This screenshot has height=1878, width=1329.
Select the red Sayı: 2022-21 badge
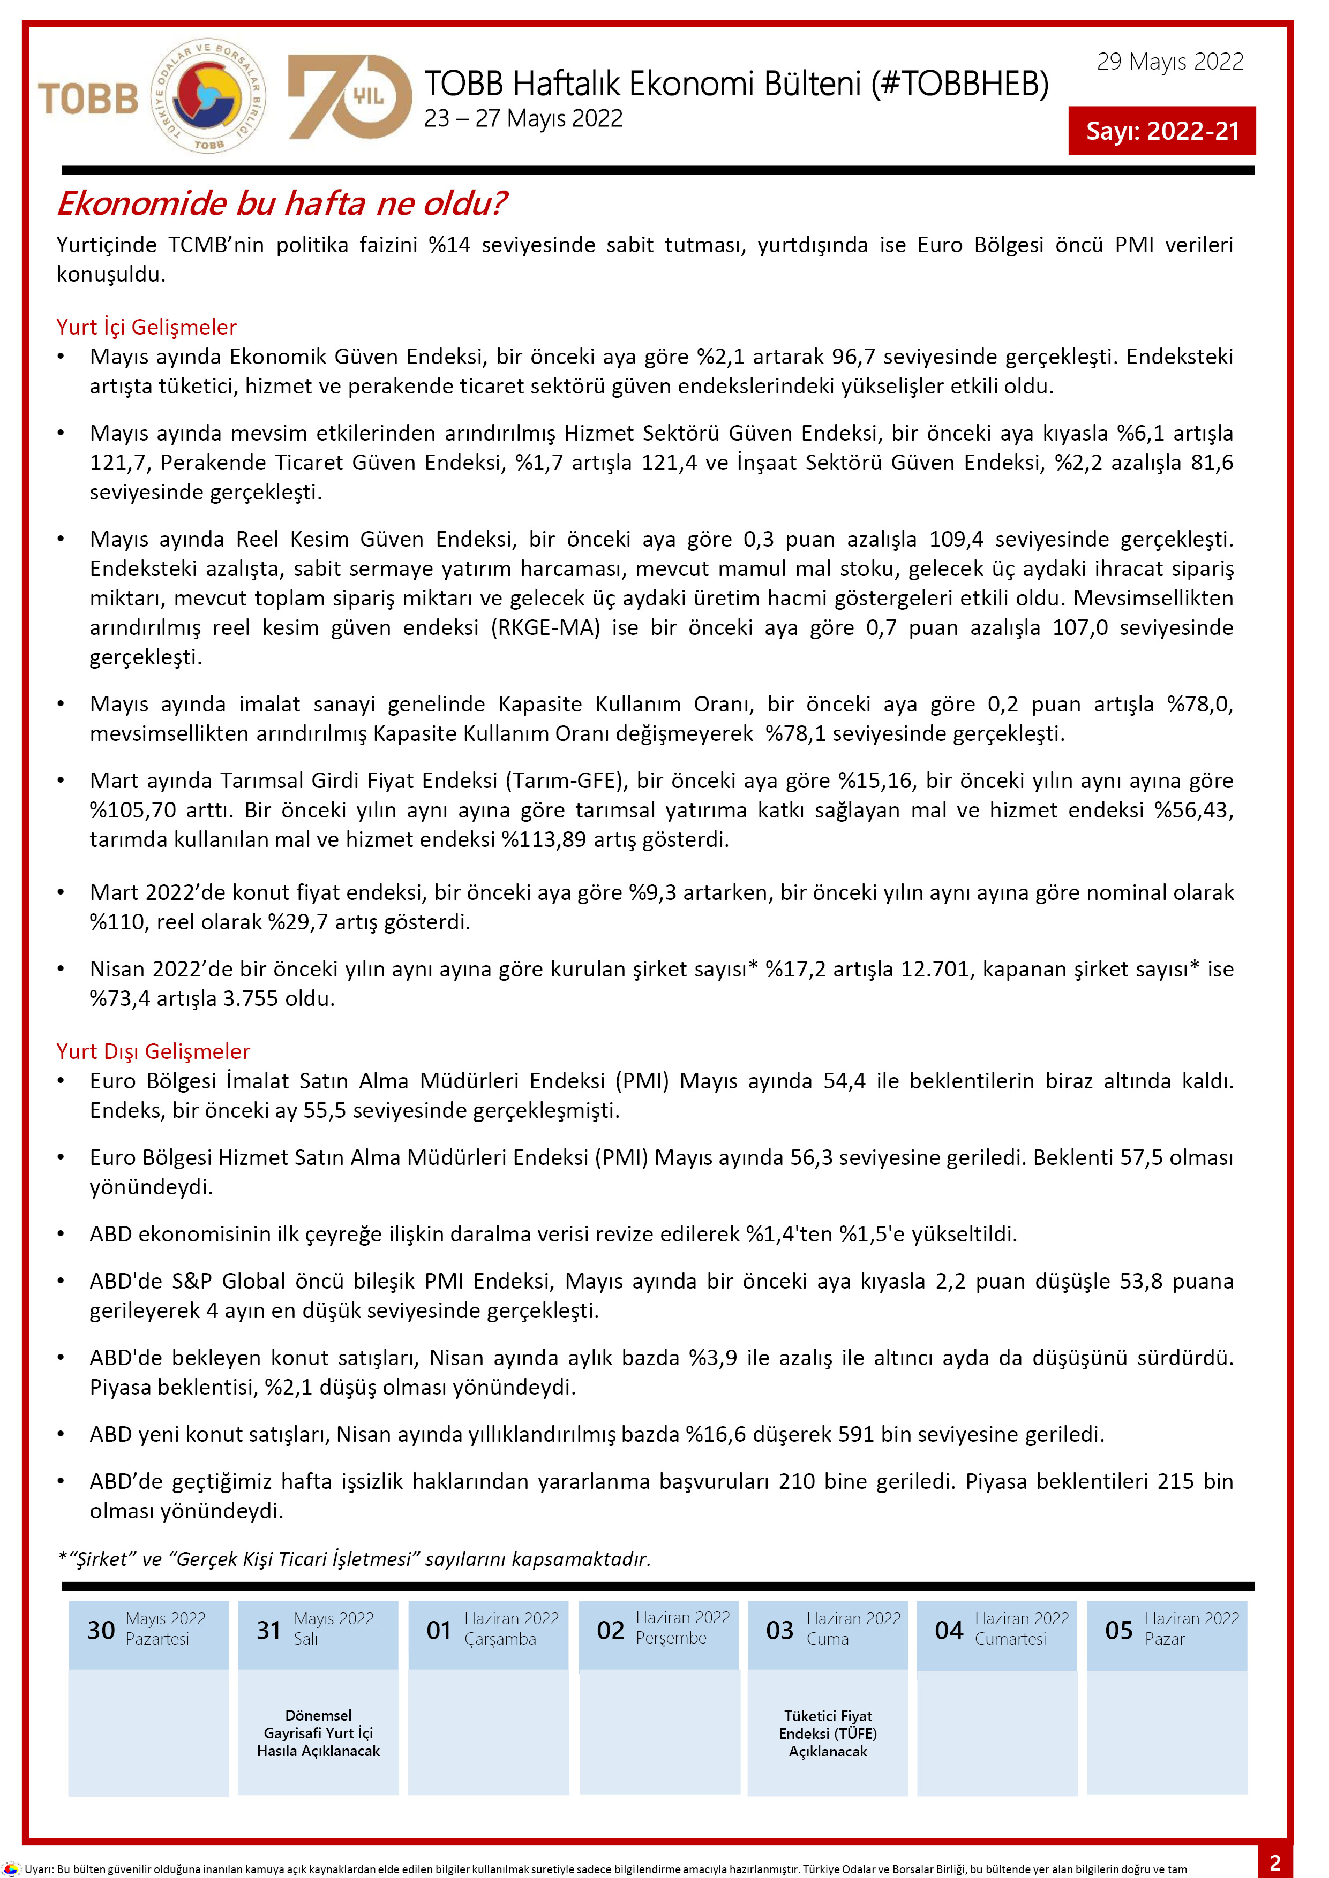point(1161,131)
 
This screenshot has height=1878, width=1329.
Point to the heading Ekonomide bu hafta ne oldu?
point(282,203)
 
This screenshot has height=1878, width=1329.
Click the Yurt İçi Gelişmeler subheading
point(146,327)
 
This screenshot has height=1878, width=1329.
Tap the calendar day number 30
point(101,1630)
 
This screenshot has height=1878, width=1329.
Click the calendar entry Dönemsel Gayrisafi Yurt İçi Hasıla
point(318,1732)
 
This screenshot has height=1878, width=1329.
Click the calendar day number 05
point(1118,1630)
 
